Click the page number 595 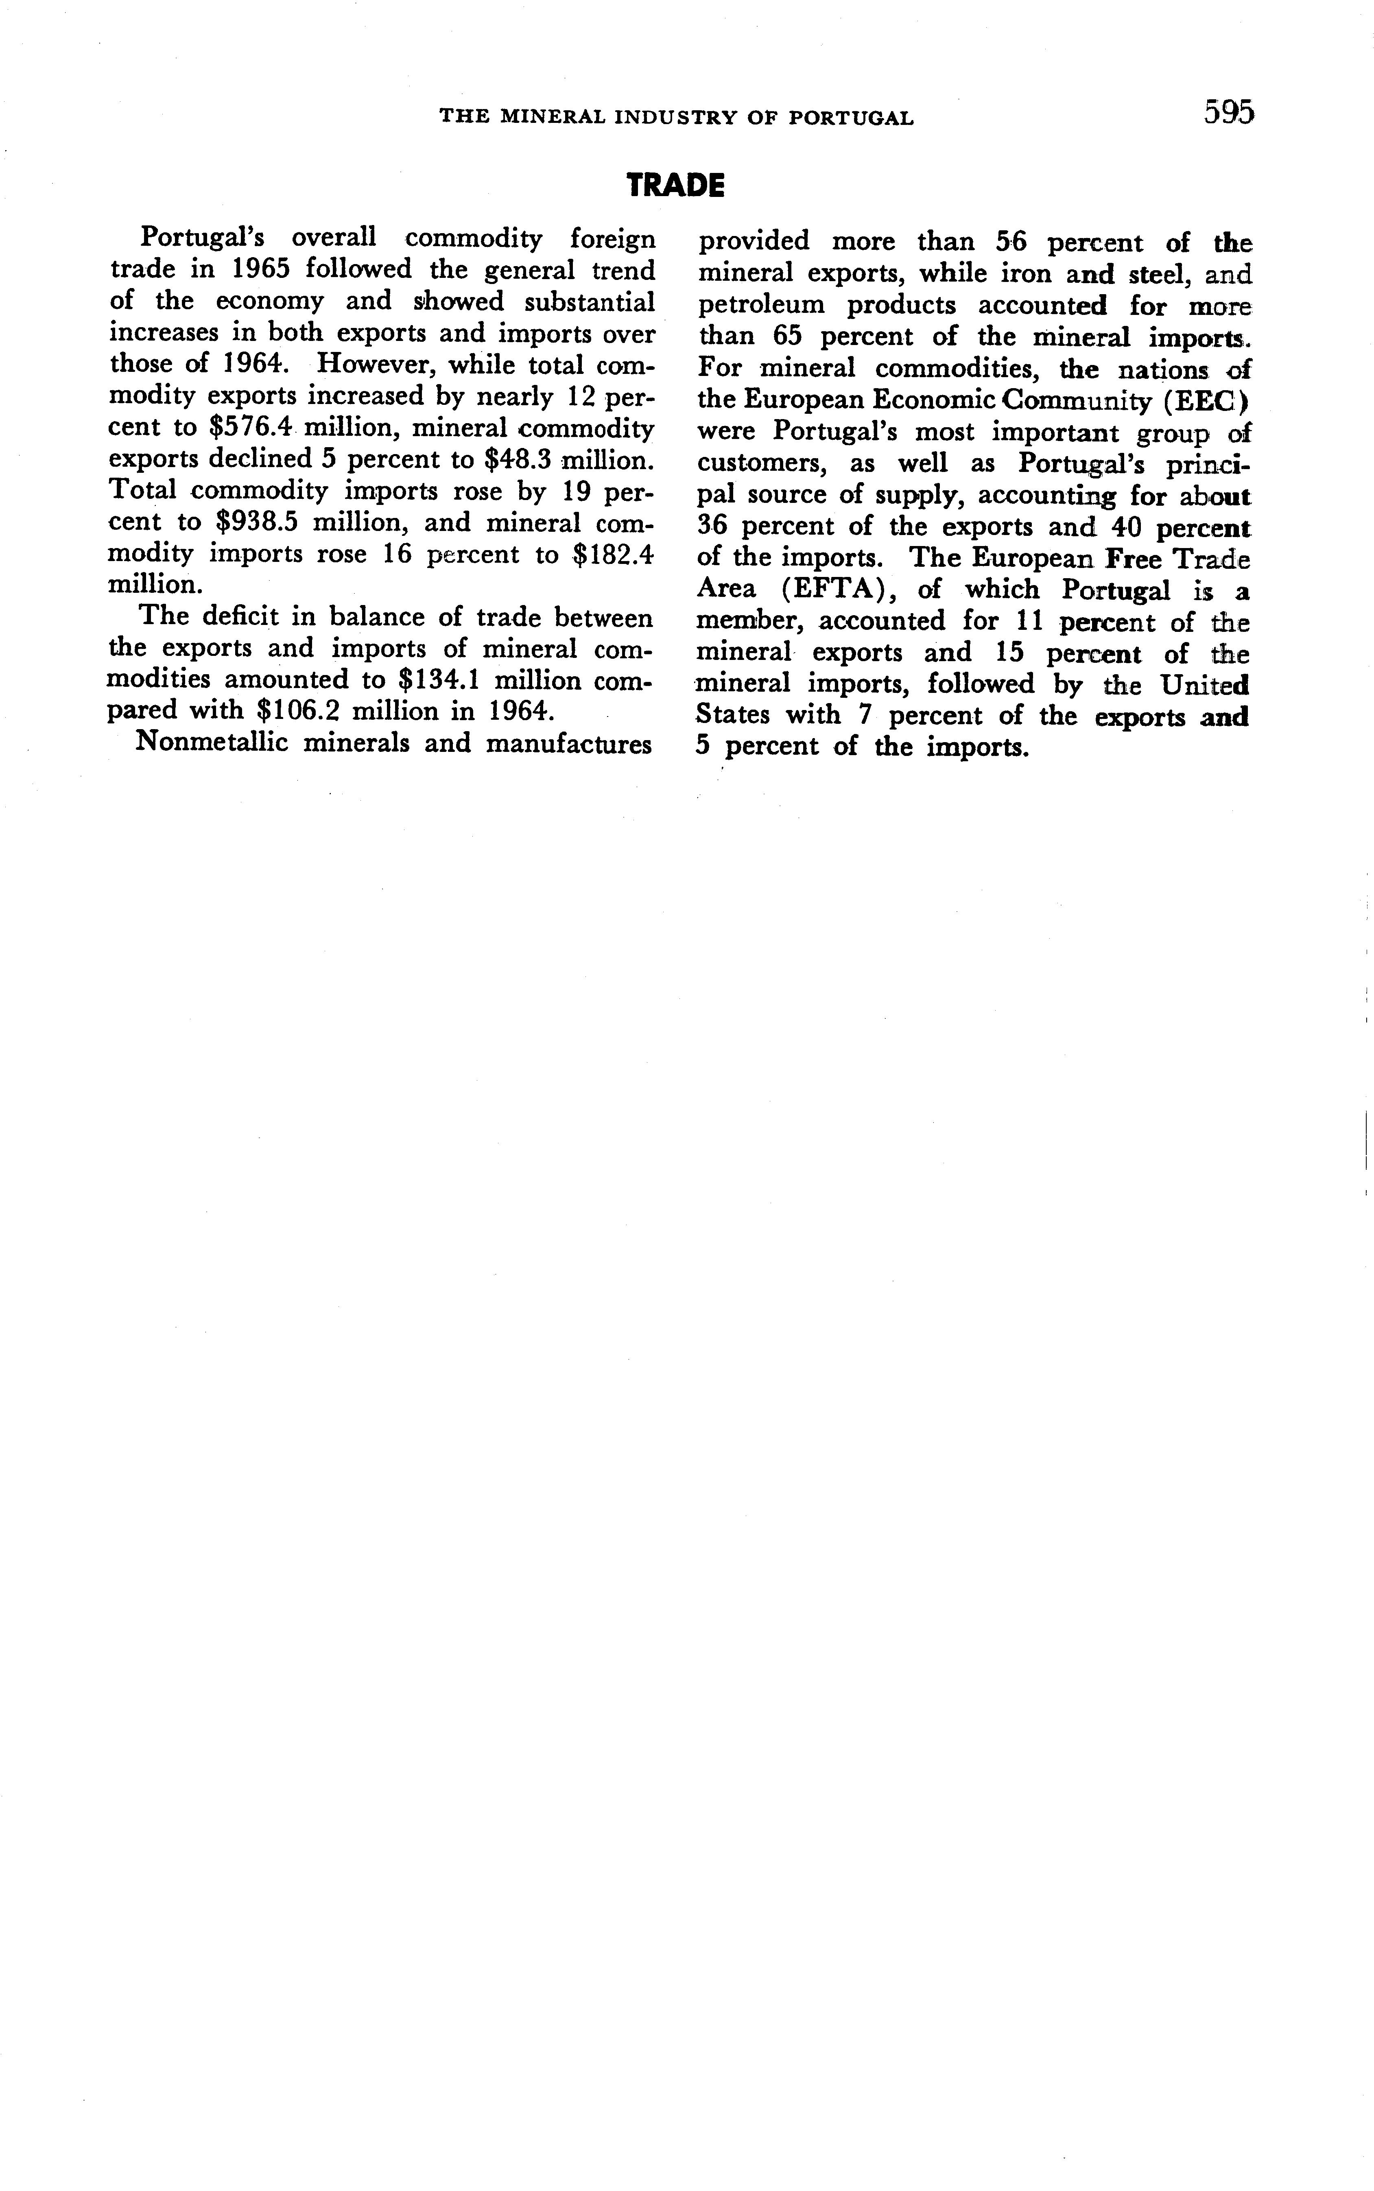1229,113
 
